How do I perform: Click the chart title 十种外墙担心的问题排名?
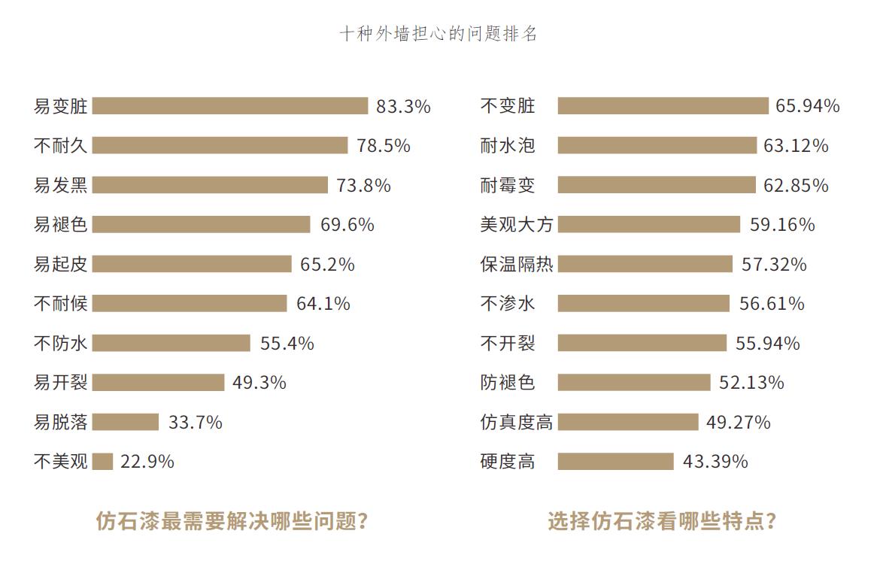tap(438, 34)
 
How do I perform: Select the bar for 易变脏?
tap(230, 106)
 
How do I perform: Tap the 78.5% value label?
tap(384, 146)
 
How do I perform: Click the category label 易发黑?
tap(61, 185)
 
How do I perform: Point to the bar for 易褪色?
tap(201, 224)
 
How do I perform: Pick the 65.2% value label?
tap(327, 264)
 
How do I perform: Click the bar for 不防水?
tap(171, 343)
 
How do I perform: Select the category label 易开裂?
tap(61, 382)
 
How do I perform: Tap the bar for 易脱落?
tap(126, 422)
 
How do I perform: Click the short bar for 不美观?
tap(102, 461)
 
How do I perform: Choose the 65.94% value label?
tap(808, 106)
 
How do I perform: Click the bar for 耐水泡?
tap(657, 145)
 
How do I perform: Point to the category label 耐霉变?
tap(508, 185)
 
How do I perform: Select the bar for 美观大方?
tap(648, 224)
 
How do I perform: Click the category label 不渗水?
tap(508, 303)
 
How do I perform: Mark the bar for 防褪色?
tap(633, 382)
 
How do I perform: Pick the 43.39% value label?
tap(715, 461)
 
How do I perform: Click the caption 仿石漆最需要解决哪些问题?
tap(232, 521)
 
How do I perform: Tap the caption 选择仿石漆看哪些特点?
tap(662, 521)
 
